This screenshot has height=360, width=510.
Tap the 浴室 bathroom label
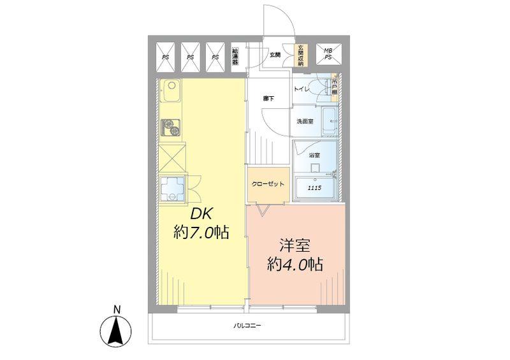[x=314, y=155]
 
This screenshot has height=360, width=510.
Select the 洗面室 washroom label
[x=304, y=121]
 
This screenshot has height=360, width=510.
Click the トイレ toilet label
[x=302, y=90]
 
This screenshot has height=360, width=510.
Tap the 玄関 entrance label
[x=275, y=55]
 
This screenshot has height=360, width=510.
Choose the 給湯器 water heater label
[x=235, y=55]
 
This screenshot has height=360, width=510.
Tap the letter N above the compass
[x=117, y=310]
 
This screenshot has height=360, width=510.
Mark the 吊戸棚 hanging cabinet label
[x=335, y=86]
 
